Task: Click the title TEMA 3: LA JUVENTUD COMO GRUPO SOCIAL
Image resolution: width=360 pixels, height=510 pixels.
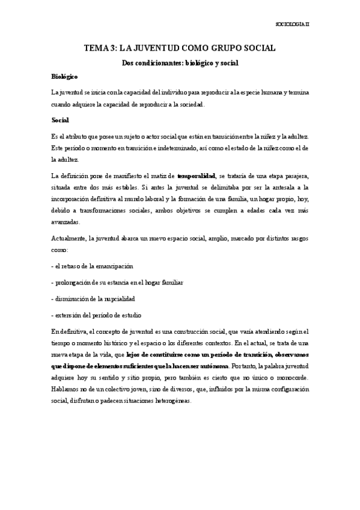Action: [x=180, y=50]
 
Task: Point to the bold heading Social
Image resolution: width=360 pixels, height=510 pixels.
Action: [x=61, y=120]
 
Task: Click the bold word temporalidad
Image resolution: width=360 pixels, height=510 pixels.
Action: [x=197, y=176]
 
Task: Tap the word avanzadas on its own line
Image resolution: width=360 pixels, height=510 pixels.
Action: [x=66, y=222]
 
